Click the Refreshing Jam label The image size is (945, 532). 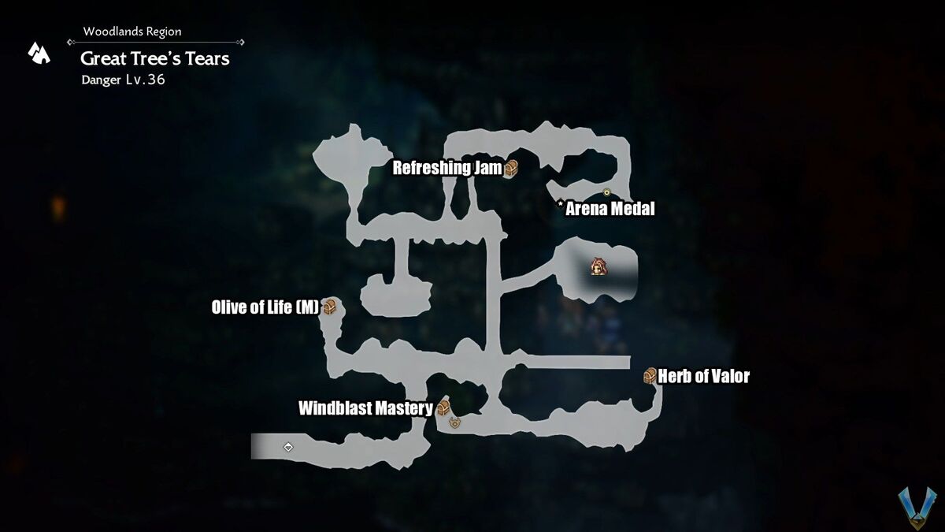pyautogui.click(x=447, y=168)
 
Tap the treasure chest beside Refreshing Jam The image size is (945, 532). pyautogui.click(x=511, y=169)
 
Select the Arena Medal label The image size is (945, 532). pyautogui.click(x=610, y=209)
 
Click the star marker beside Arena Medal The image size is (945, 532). pyautogui.click(x=560, y=204)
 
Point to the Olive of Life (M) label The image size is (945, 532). pyautogui.click(x=265, y=307)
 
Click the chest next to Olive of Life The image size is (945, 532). pyautogui.click(x=329, y=306)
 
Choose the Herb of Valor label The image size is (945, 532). pyautogui.click(x=704, y=376)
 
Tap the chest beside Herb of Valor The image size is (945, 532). pyautogui.click(x=650, y=375)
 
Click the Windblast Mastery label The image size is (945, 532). pyautogui.click(x=365, y=408)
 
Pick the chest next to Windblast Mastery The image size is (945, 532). pyautogui.click(x=443, y=407)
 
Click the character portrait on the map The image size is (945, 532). pyautogui.click(x=598, y=266)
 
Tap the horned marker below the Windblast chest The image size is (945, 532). pyautogui.click(x=454, y=422)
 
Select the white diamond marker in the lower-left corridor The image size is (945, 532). pyautogui.click(x=288, y=447)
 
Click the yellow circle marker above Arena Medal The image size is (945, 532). pyautogui.click(x=606, y=192)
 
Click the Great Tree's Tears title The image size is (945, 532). pyautogui.click(x=155, y=58)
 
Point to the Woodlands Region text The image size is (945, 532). pyautogui.click(x=132, y=32)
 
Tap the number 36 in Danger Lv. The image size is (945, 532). pyautogui.click(x=157, y=80)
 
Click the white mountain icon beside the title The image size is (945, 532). pyautogui.click(x=39, y=54)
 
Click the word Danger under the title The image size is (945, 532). pyautogui.click(x=101, y=80)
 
